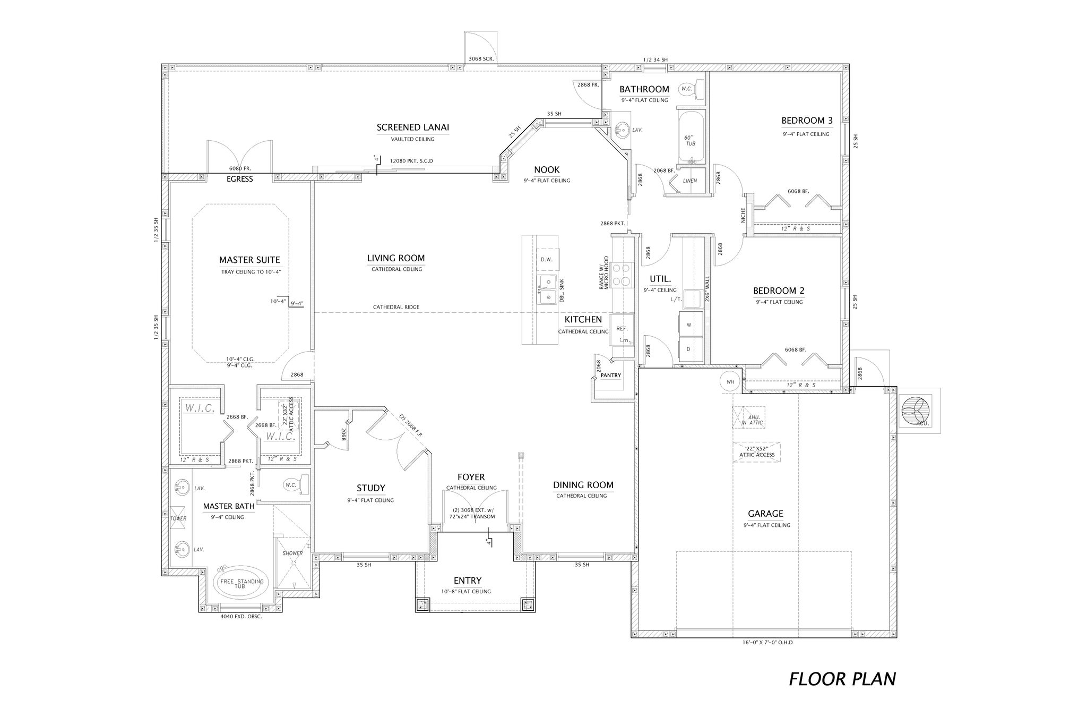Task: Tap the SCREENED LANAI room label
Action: click(x=412, y=127)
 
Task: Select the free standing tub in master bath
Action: click(x=241, y=583)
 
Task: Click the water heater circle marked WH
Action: click(x=730, y=381)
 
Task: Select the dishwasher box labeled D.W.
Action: click(x=547, y=260)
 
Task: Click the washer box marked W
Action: click(x=689, y=325)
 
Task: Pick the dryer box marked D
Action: click(x=689, y=349)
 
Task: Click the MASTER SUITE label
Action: click(x=249, y=260)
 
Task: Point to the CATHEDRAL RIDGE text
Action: click(x=396, y=307)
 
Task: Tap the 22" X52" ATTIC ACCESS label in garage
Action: click(x=757, y=451)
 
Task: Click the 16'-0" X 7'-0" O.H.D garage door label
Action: click(x=767, y=642)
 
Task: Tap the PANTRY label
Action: click(x=610, y=376)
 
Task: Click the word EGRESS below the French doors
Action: click(x=240, y=179)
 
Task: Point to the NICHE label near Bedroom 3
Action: click(x=743, y=215)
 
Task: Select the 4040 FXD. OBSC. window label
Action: click(x=241, y=617)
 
